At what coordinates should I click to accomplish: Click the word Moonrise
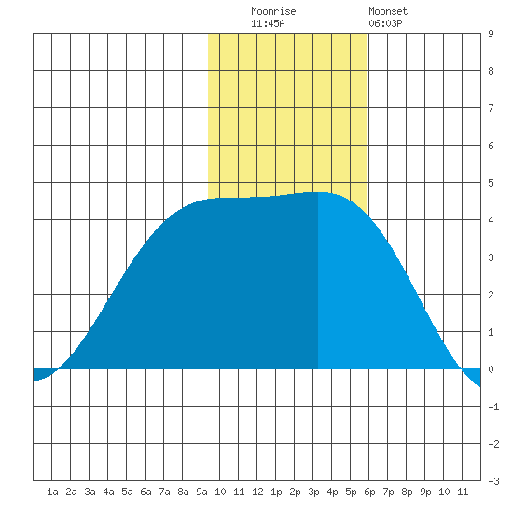[x=273, y=11]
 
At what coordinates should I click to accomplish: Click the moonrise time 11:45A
[x=268, y=23]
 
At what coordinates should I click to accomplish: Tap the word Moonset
[x=388, y=11]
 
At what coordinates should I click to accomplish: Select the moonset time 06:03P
[x=385, y=23]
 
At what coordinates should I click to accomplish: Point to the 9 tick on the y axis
[x=491, y=34]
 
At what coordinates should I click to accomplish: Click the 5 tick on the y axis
[x=491, y=183]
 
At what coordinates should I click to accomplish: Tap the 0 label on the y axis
[x=491, y=369]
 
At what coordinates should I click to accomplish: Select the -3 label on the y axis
[x=493, y=481]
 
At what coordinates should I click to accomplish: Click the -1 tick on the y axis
[x=493, y=407]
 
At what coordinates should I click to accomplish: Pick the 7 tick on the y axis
[x=491, y=108]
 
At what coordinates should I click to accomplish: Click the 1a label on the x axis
[x=52, y=492]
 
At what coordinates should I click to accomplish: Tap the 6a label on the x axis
[x=146, y=492]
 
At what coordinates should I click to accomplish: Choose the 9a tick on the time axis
[x=201, y=492]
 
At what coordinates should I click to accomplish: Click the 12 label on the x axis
[x=257, y=492]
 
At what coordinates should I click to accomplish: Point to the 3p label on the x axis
[x=313, y=492]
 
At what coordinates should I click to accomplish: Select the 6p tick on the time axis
[x=369, y=492]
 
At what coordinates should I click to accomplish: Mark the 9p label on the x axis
[x=425, y=492]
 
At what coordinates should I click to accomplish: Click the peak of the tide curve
[x=318, y=192]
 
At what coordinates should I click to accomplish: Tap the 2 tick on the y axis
[x=491, y=295]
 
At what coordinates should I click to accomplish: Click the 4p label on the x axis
[x=332, y=492]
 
